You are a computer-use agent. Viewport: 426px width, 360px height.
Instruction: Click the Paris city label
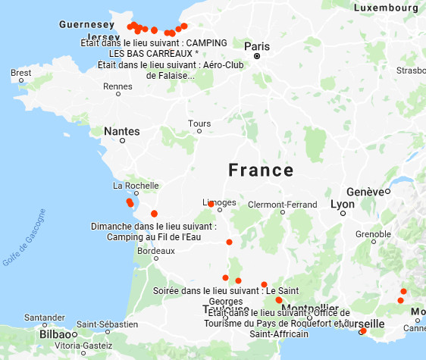pyautogui.click(x=256, y=46)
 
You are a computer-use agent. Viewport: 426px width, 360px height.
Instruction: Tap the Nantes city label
pyautogui.click(x=121, y=131)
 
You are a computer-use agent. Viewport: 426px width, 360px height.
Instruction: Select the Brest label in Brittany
pyautogui.click(x=21, y=74)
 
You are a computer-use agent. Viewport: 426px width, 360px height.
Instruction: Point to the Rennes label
pyautogui.click(x=117, y=87)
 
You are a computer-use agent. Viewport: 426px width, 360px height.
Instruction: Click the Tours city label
pyautogui.click(x=199, y=124)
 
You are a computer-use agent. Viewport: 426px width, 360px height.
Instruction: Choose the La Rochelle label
pyautogui.click(x=135, y=186)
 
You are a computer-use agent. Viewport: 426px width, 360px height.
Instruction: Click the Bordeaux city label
pyautogui.click(x=151, y=251)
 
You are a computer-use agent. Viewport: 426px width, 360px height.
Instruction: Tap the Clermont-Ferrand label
pyautogui.click(x=282, y=205)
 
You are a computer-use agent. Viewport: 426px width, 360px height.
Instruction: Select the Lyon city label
pyautogui.click(x=343, y=205)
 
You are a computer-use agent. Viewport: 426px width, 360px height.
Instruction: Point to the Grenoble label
pyautogui.click(x=372, y=234)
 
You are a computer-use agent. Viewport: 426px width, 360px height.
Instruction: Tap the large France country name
pyautogui.click(x=262, y=169)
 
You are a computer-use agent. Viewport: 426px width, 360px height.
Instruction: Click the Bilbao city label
pyautogui.click(x=55, y=333)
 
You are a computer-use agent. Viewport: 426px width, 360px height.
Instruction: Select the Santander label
pyautogui.click(x=45, y=318)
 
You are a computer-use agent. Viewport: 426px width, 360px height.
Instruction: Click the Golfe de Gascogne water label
pyautogui.click(x=25, y=236)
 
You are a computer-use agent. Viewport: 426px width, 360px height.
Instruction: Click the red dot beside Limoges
pyautogui.click(x=211, y=204)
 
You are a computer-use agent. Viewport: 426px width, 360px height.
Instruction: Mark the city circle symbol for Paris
pyautogui.click(x=257, y=56)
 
